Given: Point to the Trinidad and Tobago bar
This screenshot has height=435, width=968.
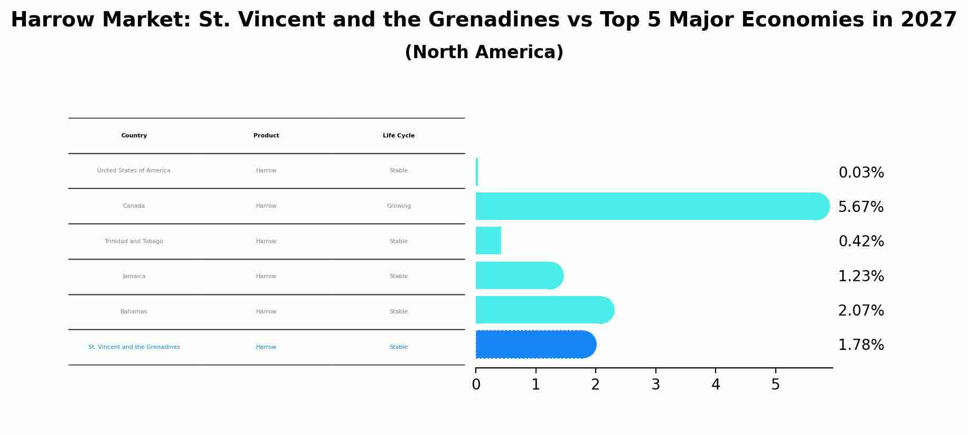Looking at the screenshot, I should tap(488, 240).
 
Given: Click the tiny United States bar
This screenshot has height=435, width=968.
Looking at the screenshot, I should tap(477, 172).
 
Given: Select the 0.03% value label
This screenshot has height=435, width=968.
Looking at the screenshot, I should tap(861, 173).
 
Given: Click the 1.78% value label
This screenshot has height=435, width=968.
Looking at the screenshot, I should tap(861, 345).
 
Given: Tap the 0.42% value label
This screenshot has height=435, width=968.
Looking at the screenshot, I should tap(861, 242).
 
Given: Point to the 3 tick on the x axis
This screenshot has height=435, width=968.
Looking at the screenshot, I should tap(655, 385).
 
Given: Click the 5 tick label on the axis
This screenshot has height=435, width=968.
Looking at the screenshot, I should tap(775, 385).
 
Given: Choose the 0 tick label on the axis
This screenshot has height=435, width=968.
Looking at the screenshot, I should tap(476, 385).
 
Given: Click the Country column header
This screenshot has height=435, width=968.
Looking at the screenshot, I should tap(134, 136).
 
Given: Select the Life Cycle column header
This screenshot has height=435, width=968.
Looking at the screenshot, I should tap(399, 136).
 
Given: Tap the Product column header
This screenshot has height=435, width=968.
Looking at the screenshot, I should tap(266, 136).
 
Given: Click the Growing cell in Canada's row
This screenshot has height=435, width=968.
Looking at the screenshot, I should tap(399, 206).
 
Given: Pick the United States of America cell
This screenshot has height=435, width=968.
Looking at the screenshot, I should tap(134, 171).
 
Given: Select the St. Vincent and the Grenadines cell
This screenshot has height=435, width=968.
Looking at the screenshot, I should tap(134, 347).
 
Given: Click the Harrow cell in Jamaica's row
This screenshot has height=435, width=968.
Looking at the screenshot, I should tap(266, 276).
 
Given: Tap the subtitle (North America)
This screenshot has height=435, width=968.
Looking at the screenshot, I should tap(484, 52).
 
